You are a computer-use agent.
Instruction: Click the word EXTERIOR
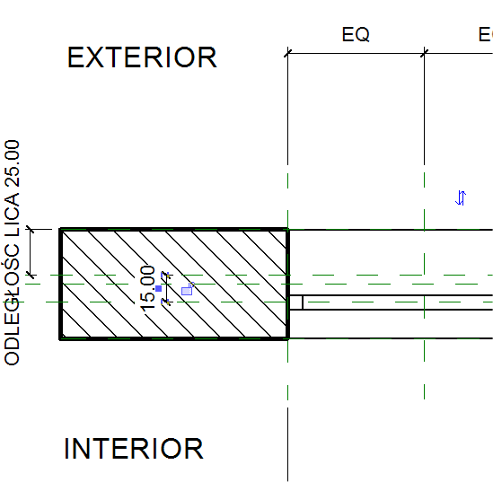coord(142,57)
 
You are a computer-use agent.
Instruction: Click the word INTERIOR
coord(134,449)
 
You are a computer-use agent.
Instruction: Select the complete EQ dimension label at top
coord(356,34)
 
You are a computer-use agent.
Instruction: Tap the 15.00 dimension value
coord(147,289)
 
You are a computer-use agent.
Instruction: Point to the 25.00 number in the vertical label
coord(13,163)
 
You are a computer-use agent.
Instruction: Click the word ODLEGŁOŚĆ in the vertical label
coord(13,304)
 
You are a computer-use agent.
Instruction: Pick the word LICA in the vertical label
coord(13,215)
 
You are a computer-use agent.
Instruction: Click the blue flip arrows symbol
coord(461,198)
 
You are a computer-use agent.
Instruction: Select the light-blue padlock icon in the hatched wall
coord(188,289)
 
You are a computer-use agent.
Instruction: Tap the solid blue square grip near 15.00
coord(158,288)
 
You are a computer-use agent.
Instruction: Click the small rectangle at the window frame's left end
coord(295,302)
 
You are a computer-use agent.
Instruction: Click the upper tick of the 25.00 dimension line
coord(31,230)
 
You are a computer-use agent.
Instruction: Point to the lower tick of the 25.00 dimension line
coord(31,275)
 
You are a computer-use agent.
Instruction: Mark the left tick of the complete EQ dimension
coord(287,54)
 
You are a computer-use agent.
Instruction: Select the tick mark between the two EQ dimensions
coord(424,54)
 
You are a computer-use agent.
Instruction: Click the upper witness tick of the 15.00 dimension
coord(166,275)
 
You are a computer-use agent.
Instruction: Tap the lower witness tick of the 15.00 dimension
coord(166,302)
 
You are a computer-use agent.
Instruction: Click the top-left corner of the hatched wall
coord(60,229)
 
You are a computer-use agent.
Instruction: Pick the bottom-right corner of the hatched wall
coord(287,338)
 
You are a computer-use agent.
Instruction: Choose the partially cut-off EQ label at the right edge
coord(486,34)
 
